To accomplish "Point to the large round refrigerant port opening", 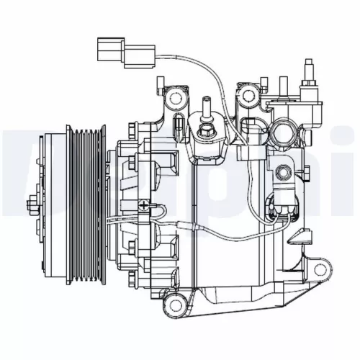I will click(282, 134).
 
